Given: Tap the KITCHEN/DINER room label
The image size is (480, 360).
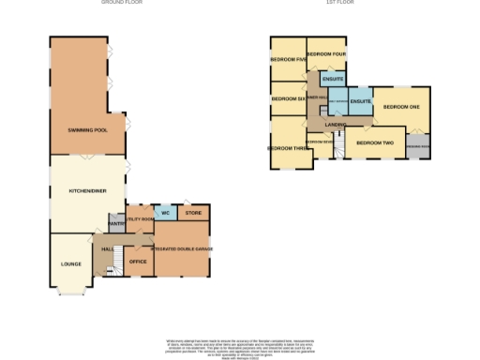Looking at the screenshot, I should point(87,190).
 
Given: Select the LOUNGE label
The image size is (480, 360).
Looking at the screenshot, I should point(70,264).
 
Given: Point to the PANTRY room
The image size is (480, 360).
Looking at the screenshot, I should point(116,224).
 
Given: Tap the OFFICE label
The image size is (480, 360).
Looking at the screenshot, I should point(137,262).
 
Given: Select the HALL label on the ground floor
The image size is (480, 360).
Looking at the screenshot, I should point(107,249).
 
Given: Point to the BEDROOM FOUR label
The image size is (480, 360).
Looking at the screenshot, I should point(327,53).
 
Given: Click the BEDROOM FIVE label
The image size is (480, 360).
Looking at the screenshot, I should point(288,59).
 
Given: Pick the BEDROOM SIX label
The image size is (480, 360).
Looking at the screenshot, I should point(288,98).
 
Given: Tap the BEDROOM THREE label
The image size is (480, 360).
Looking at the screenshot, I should point(288,148).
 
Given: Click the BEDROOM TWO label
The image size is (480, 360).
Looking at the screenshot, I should point(374,143).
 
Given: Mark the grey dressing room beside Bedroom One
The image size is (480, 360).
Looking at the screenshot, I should point(418,145).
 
